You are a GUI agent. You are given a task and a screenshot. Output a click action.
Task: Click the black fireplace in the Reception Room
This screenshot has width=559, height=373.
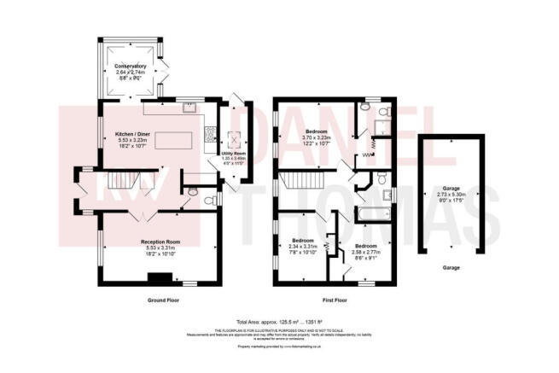(158, 277)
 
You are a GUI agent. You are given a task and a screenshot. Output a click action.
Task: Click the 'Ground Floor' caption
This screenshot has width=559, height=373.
(162, 300)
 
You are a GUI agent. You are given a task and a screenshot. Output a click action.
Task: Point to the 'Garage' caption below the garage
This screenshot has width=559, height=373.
(451, 268)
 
